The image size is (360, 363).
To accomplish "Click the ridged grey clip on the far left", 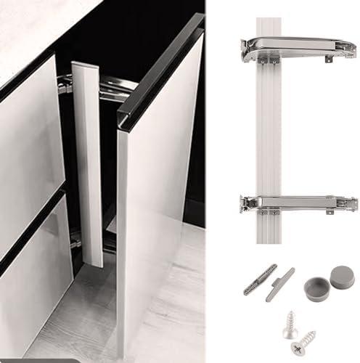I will pos(260,279).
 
